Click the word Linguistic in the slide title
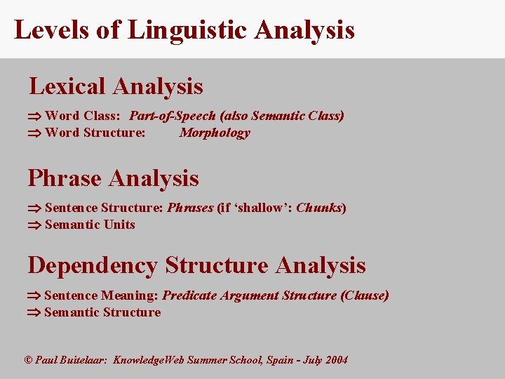[x=187, y=30]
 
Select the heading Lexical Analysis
[x=116, y=86]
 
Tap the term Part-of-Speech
[x=173, y=116]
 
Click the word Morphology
[x=215, y=133]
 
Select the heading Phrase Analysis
[x=113, y=178]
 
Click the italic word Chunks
[x=319, y=208]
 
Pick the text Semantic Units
[x=90, y=225]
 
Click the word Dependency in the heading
[x=93, y=265]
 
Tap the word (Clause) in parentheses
[x=364, y=295]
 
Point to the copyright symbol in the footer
[x=29, y=360]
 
